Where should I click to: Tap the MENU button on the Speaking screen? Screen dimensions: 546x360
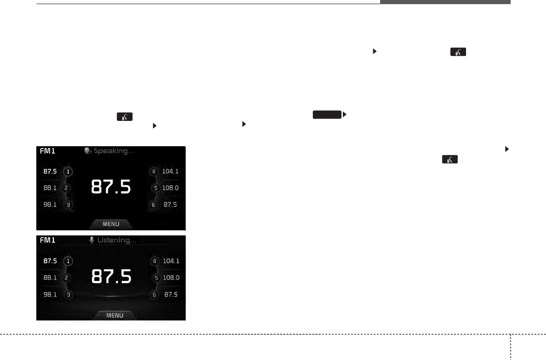pos(111,224)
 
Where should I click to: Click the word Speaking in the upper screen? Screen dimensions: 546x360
pos(111,151)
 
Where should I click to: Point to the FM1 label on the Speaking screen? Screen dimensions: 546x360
pos(47,151)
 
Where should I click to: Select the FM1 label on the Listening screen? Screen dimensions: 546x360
pos(47,240)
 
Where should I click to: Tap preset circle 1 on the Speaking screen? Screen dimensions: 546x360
pos(68,171)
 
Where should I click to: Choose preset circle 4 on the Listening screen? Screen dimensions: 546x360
pos(154,261)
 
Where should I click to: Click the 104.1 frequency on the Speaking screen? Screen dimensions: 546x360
pos(170,171)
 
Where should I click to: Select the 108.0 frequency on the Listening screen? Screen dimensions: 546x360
pos(171,278)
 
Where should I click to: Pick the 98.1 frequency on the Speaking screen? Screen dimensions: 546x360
pos(50,205)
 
